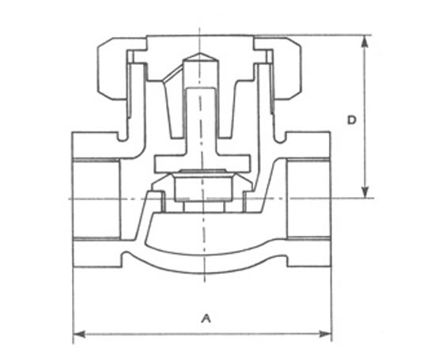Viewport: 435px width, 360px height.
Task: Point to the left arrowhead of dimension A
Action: coord(77,334)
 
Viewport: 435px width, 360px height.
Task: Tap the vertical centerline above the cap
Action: coord(200,30)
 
